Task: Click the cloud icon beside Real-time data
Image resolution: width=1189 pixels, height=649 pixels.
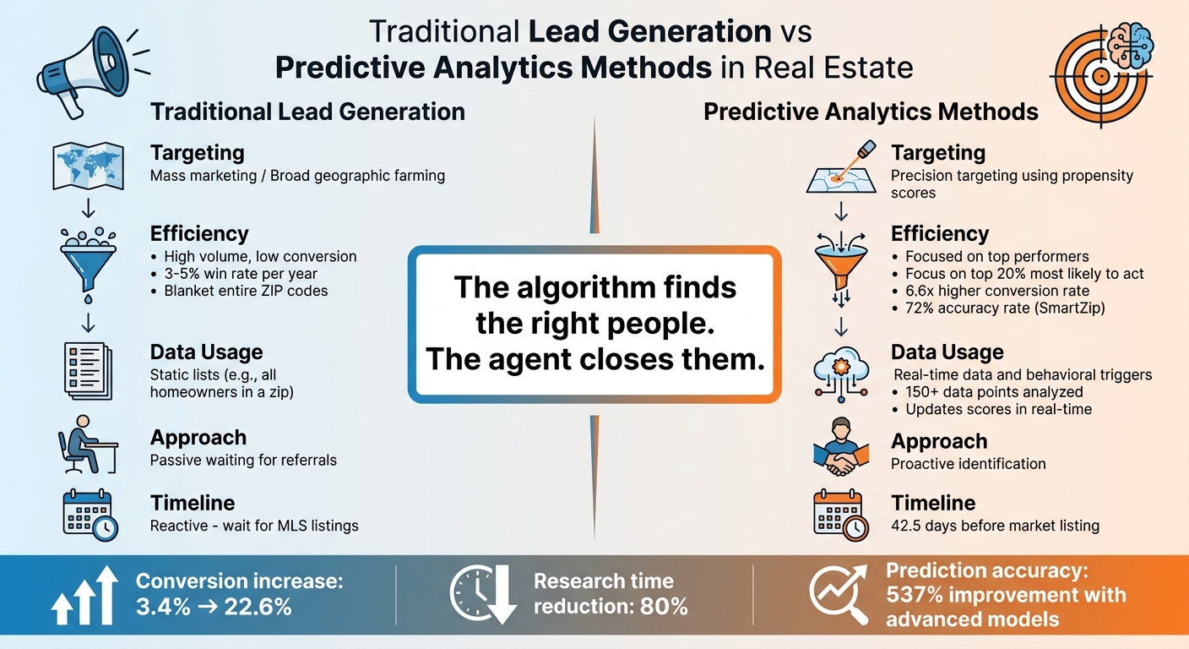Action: click(840, 372)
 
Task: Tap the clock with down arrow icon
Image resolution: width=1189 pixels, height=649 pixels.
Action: click(483, 595)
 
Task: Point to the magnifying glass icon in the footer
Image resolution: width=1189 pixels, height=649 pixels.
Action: click(839, 595)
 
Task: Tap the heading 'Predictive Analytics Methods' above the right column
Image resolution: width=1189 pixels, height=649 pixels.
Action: click(871, 112)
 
